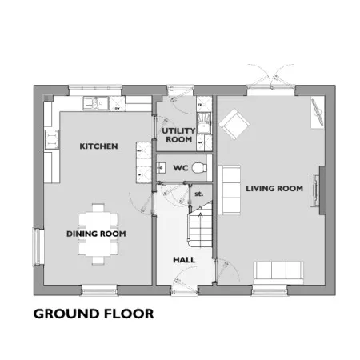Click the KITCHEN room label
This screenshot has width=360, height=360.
[98, 146]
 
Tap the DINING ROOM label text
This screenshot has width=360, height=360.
[96, 234]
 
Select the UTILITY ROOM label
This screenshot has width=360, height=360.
[178, 135]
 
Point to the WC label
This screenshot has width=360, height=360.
[181, 168]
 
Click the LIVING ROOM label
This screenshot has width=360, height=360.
[274, 189]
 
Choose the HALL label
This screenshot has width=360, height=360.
[184, 260]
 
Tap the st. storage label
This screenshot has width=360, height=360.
[199, 194]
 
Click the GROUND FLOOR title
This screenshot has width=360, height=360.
[94, 314]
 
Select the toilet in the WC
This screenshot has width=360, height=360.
[199, 168]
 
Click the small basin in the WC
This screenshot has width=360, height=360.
[161, 168]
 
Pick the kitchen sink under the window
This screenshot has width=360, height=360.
[96, 103]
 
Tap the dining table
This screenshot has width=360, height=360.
[98, 234]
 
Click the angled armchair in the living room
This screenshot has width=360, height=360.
[234, 124]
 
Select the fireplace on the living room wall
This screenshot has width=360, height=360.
[315, 190]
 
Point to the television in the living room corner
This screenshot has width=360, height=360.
[318, 112]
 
